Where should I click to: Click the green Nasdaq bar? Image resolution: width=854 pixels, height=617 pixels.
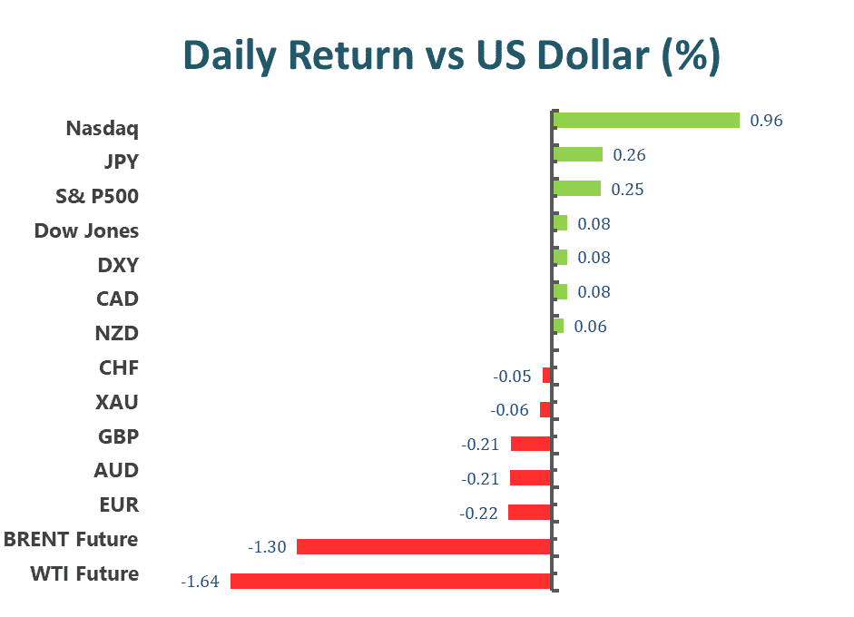click(646, 120)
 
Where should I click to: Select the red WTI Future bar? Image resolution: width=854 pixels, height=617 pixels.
click(391, 581)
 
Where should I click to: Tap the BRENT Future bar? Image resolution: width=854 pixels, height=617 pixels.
click(424, 546)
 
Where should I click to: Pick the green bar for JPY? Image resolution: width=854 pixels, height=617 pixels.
click(577, 154)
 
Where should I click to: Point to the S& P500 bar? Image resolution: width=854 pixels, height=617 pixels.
click(576, 189)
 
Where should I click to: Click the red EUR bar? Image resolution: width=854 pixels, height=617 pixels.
click(529, 513)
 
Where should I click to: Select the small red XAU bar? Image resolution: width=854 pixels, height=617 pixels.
click(545, 410)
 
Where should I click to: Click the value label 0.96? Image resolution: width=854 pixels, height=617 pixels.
click(766, 121)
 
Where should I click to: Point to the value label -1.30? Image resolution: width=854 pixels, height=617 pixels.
click(267, 547)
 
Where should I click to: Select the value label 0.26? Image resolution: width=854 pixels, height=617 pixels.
click(629, 155)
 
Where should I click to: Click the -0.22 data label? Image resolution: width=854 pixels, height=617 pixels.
click(478, 514)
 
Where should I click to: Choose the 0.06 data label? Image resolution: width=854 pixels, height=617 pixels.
click(590, 327)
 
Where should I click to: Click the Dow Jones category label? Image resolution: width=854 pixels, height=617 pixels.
click(86, 230)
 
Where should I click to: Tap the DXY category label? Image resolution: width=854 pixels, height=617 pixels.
click(117, 265)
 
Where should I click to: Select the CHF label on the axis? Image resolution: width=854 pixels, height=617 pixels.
click(119, 367)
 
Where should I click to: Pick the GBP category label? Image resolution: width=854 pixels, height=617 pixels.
click(118, 436)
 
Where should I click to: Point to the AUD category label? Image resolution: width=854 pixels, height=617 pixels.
click(116, 470)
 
